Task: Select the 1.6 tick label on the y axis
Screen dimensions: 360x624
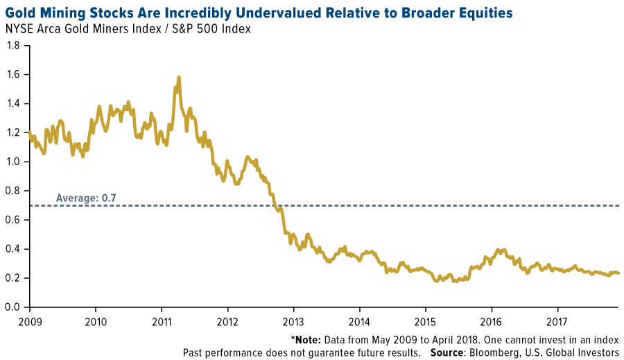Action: coord(14,75)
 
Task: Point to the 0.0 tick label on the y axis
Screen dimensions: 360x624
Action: coord(14,307)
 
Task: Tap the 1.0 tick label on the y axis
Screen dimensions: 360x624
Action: coord(14,162)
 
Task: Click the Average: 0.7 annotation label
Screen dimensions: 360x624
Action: coord(86,198)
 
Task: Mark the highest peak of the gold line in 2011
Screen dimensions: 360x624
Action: coord(179,78)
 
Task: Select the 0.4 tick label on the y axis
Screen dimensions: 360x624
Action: coord(14,249)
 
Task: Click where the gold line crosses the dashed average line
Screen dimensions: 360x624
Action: coord(277,205)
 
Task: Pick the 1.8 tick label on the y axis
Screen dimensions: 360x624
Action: coord(14,46)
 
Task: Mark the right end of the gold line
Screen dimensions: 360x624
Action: coord(618,273)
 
